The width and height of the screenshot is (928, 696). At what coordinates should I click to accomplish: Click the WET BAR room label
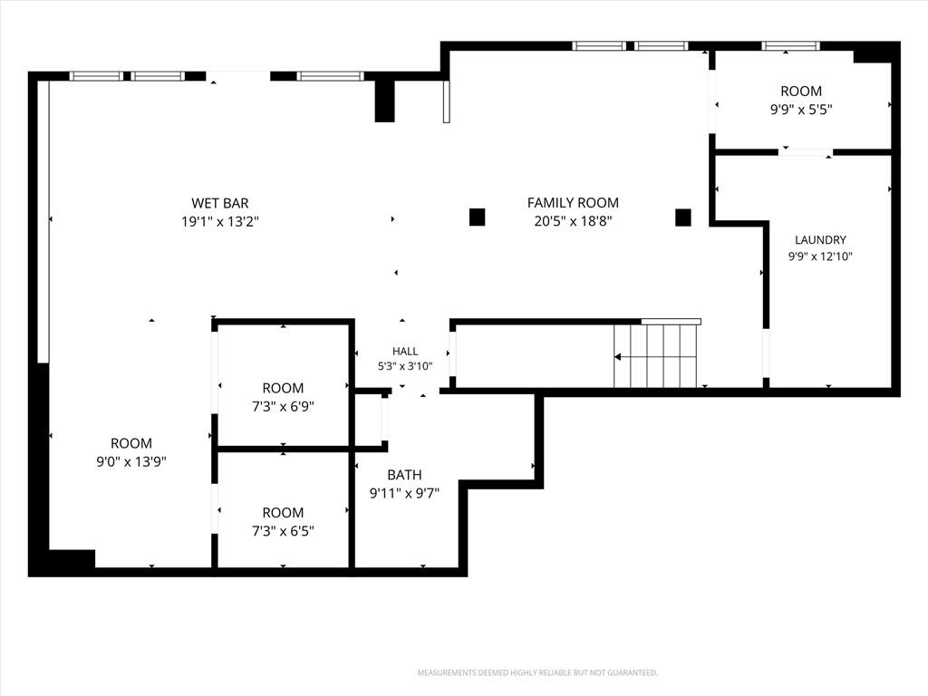click(219, 203)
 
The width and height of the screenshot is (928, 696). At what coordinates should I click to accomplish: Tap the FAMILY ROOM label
click(573, 203)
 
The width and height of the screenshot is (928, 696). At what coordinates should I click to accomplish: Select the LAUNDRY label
click(820, 239)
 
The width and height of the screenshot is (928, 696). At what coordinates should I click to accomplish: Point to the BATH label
click(404, 475)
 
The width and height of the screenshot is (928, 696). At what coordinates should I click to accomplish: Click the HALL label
click(405, 352)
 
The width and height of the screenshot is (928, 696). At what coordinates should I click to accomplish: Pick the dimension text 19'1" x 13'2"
click(220, 222)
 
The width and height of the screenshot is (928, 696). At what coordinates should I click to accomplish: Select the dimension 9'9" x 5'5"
click(801, 110)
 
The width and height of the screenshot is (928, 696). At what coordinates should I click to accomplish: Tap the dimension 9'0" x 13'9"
click(131, 461)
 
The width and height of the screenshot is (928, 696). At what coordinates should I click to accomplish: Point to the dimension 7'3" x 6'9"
click(283, 407)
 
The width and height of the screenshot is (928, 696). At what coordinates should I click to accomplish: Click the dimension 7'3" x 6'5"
click(283, 531)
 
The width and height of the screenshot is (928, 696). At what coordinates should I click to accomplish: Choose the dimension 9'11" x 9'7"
click(404, 493)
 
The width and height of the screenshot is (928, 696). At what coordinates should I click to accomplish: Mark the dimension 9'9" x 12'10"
click(820, 256)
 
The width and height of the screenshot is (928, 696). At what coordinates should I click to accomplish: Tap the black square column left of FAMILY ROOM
click(477, 217)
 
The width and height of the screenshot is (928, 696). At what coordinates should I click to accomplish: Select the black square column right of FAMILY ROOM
click(683, 217)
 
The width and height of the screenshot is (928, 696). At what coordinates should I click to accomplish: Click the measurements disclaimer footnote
click(537, 673)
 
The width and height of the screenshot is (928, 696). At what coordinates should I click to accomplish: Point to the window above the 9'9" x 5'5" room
click(790, 46)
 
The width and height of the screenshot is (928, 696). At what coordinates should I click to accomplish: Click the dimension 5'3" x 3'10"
click(405, 366)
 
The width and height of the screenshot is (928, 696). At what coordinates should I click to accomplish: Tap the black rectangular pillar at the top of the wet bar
click(384, 101)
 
